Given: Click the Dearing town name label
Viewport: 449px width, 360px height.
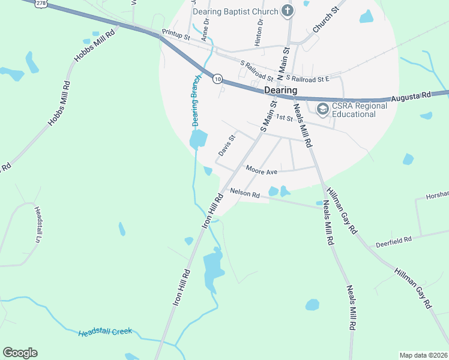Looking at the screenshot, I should point(280,90).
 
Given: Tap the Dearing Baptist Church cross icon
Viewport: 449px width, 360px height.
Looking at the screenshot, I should point(288,11).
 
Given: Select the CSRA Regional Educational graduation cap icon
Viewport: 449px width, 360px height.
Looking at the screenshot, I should point(322,108).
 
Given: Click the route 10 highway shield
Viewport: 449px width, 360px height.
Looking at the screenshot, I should point(217,79).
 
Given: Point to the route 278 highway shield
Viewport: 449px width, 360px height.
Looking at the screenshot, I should point(41,3).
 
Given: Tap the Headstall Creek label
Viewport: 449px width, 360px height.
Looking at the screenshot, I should point(105,332).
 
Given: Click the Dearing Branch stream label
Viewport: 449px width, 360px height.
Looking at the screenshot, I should point(196,100).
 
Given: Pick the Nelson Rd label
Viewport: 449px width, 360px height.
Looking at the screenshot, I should point(245,194).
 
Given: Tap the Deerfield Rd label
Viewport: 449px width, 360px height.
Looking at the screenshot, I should point(394,239).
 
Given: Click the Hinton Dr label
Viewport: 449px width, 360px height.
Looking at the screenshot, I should point(259,32).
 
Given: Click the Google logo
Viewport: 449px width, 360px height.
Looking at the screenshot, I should point(20,353).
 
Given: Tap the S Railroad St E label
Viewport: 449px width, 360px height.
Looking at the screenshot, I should point(308,78).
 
